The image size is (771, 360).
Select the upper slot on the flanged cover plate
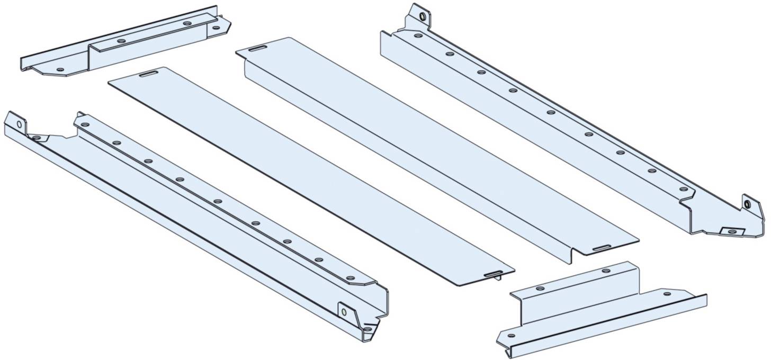[x=258, y=49]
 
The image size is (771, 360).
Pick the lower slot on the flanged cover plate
[x=601, y=248]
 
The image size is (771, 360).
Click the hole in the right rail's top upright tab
[x=422, y=16]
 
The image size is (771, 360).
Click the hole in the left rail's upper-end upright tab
[x=19, y=125]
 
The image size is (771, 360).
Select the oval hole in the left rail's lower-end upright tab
[x=344, y=312]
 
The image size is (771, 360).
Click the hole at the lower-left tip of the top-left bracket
[x=59, y=69]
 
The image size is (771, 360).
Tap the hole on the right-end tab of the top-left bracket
[x=215, y=28]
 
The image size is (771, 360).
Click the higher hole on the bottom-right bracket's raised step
[x=606, y=271]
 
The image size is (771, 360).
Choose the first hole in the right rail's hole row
[x=418, y=36]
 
